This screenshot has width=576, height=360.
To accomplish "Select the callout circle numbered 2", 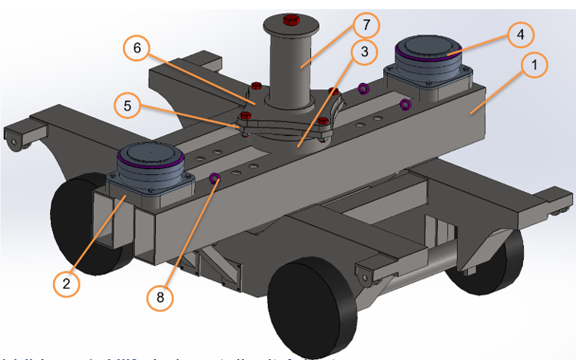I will [x=68, y=282].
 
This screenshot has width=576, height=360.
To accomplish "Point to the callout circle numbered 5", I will [x=127, y=105].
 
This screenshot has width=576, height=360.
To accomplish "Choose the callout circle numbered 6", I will [x=137, y=48].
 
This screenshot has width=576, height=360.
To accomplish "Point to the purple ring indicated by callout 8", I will [x=216, y=180].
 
